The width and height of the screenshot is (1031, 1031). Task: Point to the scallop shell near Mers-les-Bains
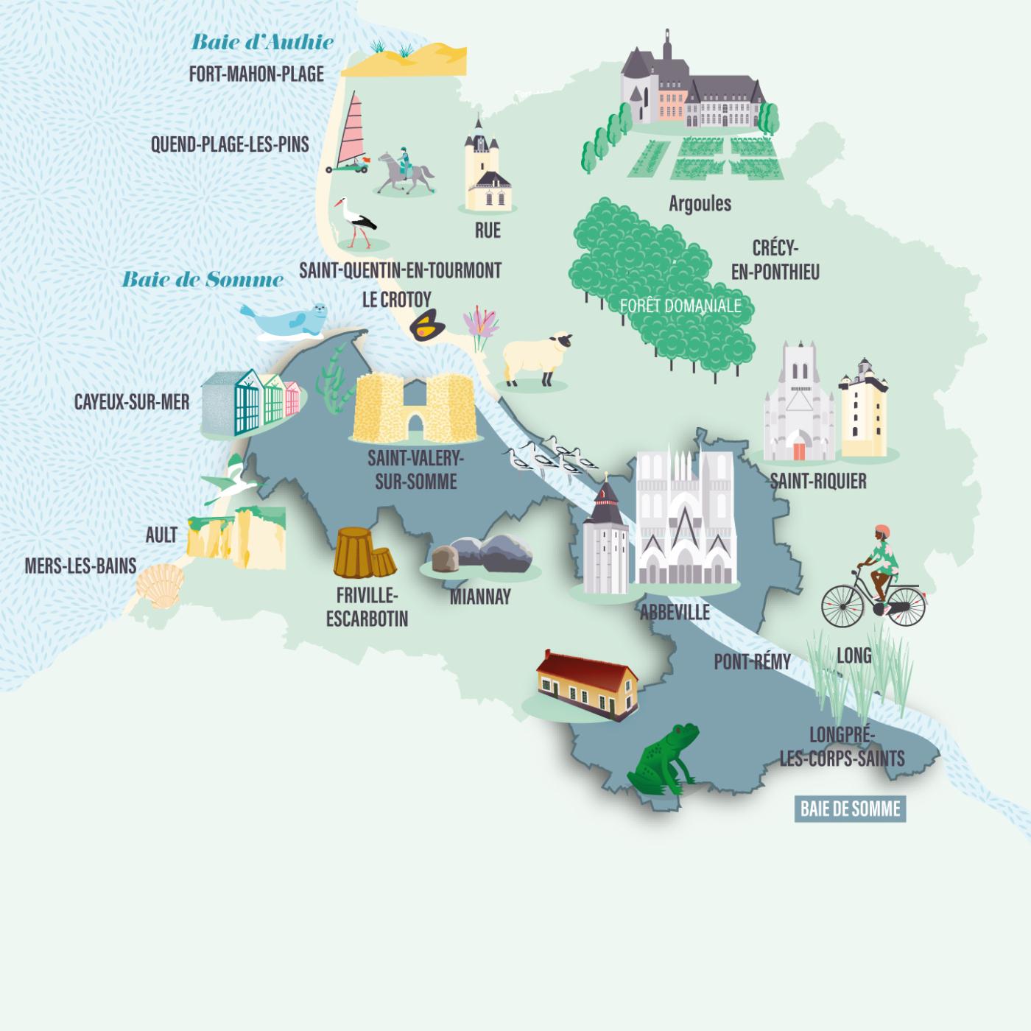161,585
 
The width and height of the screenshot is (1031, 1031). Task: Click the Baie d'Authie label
262,42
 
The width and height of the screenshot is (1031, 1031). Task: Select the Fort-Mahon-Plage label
256,74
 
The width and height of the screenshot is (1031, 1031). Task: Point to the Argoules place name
700,203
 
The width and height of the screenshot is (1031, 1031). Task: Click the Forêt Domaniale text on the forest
680,305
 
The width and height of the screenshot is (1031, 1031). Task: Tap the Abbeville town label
675,612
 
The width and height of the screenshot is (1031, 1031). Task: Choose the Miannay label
480,597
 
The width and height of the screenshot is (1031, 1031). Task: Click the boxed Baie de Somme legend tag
850,809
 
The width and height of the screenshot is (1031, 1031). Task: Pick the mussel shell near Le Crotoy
427,326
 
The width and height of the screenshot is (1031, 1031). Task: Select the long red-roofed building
586,683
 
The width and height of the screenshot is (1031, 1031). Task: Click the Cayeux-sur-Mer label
132,402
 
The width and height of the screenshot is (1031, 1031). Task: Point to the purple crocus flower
481,326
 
